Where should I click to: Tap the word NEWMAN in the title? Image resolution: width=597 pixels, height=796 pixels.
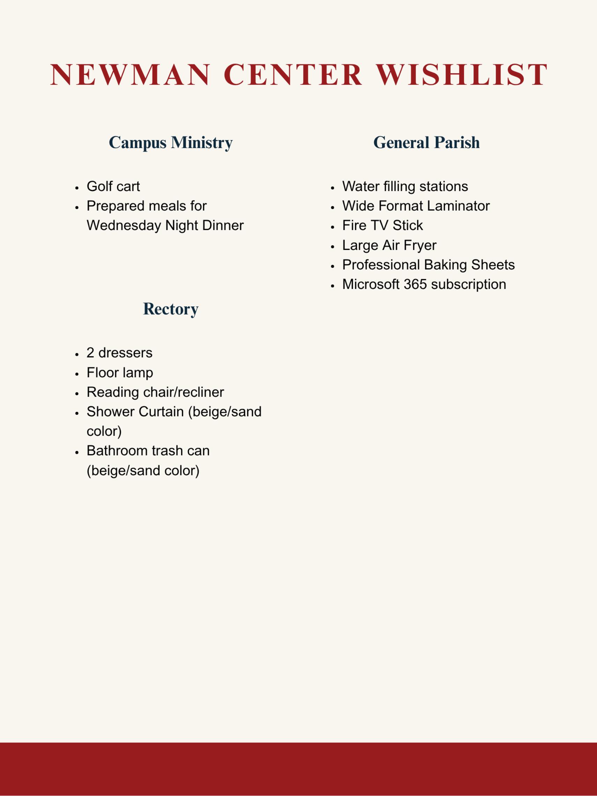tap(130, 75)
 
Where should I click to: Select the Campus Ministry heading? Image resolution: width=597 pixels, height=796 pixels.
tap(171, 142)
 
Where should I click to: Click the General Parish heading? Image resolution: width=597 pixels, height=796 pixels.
tap(426, 142)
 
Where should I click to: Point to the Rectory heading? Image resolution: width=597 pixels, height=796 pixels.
tap(171, 309)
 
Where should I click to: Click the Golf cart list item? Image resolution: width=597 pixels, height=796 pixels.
tap(113, 186)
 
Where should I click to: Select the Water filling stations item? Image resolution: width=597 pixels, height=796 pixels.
tap(405, 186)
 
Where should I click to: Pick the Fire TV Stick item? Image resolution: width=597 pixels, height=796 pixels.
tap(382, 226)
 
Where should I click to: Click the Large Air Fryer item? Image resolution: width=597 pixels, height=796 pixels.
tap(389, 245)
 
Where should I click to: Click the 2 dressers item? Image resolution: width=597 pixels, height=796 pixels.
tap(119, 353)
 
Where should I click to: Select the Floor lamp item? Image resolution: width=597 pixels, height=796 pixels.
tap(120, 373)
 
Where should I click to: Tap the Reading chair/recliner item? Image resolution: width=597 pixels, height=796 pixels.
tap(155, 392)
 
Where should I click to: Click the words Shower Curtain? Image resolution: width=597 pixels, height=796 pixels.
tap(135, 412)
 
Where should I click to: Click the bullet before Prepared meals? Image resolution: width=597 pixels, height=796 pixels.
tap(77, 208)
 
